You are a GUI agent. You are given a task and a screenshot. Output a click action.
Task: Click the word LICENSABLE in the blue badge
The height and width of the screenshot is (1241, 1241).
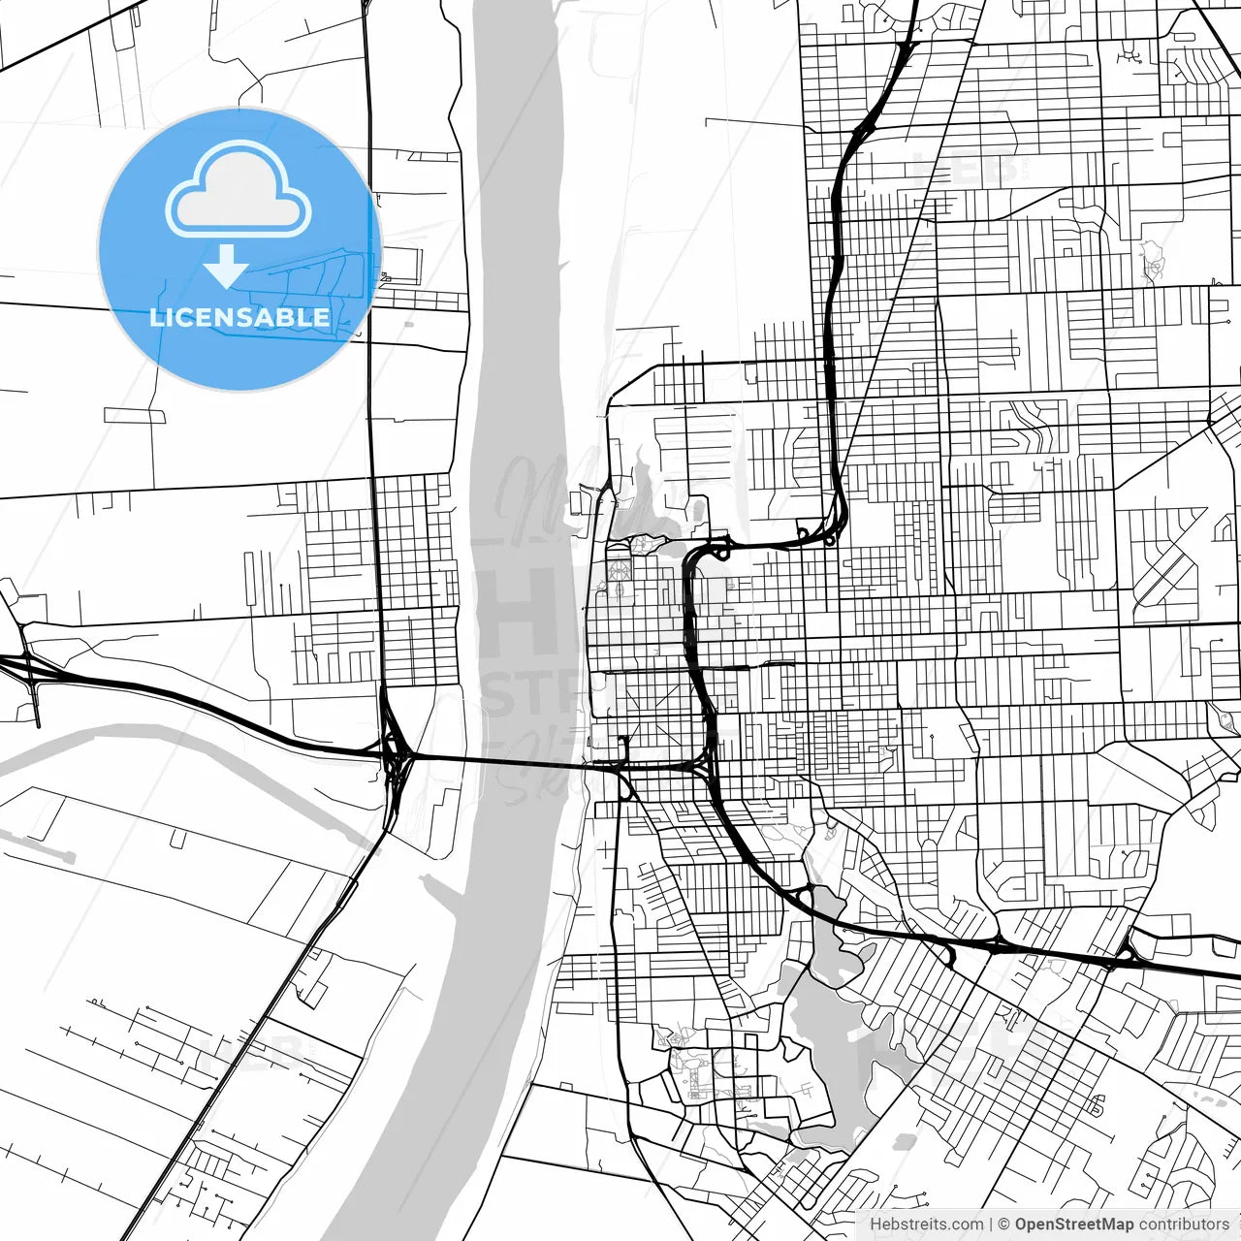point(239,317)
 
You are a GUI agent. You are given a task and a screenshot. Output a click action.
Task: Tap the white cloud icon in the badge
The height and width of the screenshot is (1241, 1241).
point(239,191)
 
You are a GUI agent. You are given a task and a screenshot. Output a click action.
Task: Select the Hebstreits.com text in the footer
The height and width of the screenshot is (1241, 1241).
point(926,1225)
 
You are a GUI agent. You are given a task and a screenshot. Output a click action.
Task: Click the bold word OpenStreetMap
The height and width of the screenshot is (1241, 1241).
point(1074,1225)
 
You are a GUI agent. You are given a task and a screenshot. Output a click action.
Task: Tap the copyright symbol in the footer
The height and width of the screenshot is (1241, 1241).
point(1004,1225)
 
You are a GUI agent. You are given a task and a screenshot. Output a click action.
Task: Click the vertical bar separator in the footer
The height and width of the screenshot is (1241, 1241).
point(991,1225)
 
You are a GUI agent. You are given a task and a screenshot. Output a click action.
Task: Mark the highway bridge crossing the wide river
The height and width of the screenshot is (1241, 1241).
point(504,761)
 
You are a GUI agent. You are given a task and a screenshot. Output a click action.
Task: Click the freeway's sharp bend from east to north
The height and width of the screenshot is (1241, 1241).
point(836,528)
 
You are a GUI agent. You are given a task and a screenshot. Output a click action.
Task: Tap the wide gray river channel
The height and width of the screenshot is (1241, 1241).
point(514,388)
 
